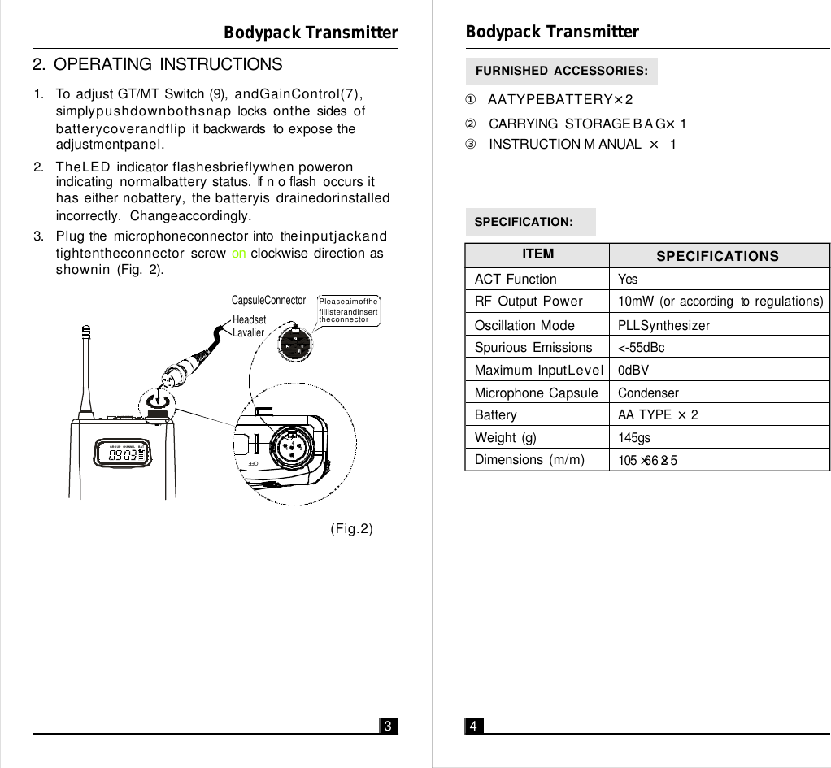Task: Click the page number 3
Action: [389, 726]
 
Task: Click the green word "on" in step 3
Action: [239, 254]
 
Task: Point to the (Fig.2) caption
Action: [351, 530]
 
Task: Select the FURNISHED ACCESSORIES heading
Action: [561, 71]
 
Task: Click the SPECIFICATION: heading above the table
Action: [524, 222]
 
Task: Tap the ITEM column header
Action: [537, 254]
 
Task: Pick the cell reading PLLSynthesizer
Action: [663, 325]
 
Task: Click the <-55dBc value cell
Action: [641, 348]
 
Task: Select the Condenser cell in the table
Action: [648, 393]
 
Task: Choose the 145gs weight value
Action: [634, 438]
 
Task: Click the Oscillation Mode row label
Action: [524, 325]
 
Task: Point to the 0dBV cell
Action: [633, 371]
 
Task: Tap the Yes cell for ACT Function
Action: [628, 279]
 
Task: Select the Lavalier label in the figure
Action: [249, 332]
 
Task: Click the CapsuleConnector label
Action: [268, 301]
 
